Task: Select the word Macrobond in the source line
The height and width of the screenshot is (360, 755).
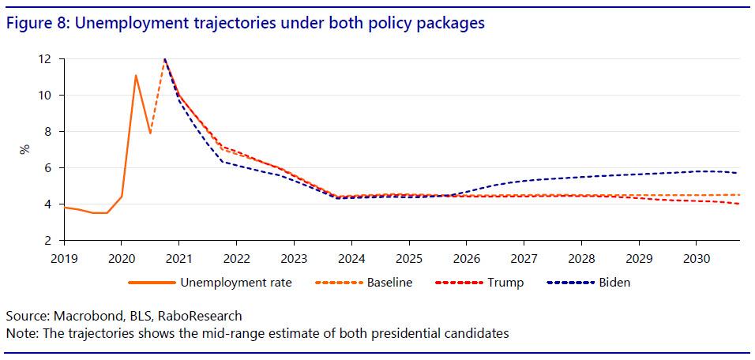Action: (83, 315)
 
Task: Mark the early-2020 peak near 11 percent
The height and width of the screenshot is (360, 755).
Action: (136, 76)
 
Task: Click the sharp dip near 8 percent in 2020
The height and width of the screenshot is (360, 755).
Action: (150, 133)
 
